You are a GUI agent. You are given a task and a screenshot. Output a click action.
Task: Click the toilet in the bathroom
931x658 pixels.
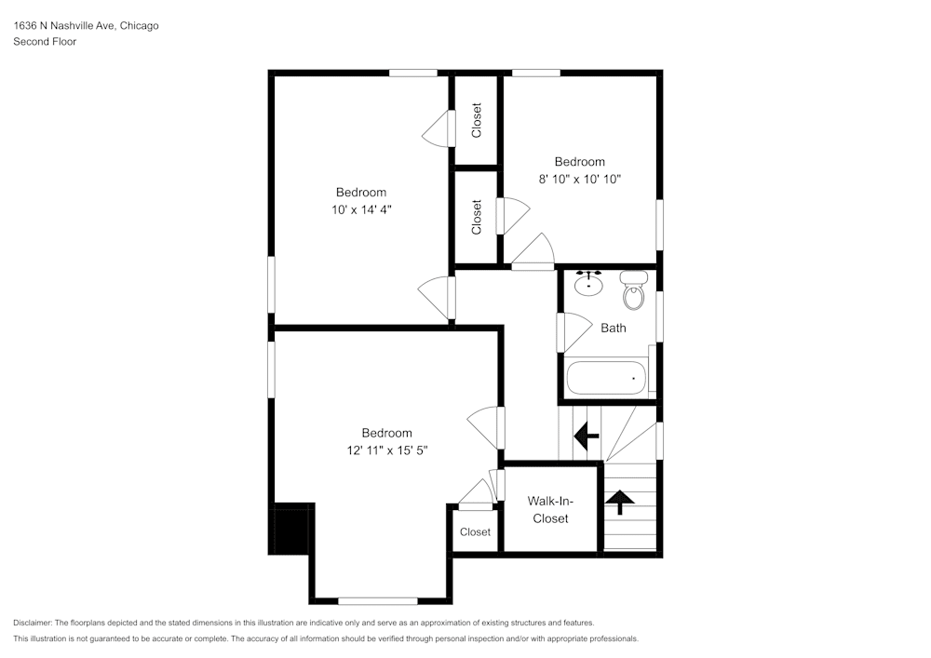coord(634,291)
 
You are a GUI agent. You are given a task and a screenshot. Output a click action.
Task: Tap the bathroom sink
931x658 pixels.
coord(588,282)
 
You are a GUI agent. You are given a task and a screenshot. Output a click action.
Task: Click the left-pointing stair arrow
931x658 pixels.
coord(587,435)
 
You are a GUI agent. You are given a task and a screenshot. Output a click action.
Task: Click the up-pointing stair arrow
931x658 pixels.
coord(620,502)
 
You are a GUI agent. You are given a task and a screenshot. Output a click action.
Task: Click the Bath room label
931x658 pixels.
coord(613,328)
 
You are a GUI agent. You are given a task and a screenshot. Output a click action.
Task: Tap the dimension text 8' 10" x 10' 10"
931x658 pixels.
coord(579,179)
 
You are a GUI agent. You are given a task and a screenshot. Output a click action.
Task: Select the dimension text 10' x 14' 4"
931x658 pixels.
coord(361,209)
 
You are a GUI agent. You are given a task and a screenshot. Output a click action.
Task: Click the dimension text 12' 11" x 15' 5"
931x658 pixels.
coord(386,450)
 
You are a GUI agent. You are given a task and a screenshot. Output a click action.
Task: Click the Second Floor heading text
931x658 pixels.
coord(45,42)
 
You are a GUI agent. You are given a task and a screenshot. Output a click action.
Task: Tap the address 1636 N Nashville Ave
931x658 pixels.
coord(63,26)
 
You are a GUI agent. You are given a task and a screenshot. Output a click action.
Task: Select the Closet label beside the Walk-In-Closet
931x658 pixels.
coord(475,532)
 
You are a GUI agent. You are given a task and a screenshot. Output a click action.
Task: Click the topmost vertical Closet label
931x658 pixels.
coord(477,120)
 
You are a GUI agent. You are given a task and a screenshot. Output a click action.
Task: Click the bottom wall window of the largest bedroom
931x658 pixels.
coord(377,600)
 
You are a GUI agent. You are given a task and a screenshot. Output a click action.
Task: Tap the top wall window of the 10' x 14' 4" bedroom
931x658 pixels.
coord(413,73)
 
